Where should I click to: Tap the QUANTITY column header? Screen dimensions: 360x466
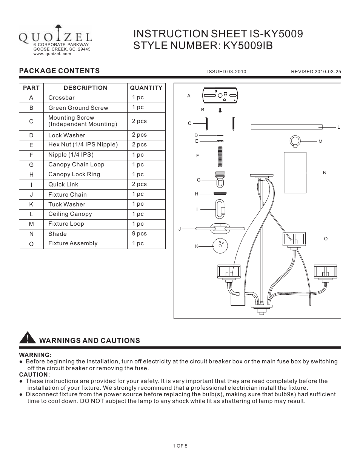tap(146, 88)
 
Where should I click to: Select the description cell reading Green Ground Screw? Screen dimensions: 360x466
tap(78, 108)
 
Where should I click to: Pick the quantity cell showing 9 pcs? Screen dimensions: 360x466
tap(139, 234)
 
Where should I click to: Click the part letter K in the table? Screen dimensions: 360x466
tap(31, 205)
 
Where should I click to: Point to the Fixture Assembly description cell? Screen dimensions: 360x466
tap(73, 243)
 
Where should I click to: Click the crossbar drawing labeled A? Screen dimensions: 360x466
tap(220, 95)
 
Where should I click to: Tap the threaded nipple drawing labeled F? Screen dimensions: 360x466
tap(220, 157)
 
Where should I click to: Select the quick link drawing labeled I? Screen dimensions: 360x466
tap(220, 209)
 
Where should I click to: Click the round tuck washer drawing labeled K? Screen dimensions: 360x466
tap(220, 246)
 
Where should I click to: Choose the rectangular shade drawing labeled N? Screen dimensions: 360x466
tap(295, 173)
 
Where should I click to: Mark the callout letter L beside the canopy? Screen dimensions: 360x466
tap(338, 127)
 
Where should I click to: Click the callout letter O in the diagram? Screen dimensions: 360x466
tap(326, 239)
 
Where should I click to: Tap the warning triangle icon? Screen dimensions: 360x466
tap(28, 338)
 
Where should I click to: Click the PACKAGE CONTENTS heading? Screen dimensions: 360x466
tap(59, 71)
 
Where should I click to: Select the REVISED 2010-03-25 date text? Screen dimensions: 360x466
tap(316, 72)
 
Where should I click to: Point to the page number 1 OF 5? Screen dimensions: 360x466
tap(180, 446)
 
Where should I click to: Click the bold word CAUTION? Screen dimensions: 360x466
tap(34, 375)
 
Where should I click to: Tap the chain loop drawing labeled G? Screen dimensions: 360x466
tap(220, 179)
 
